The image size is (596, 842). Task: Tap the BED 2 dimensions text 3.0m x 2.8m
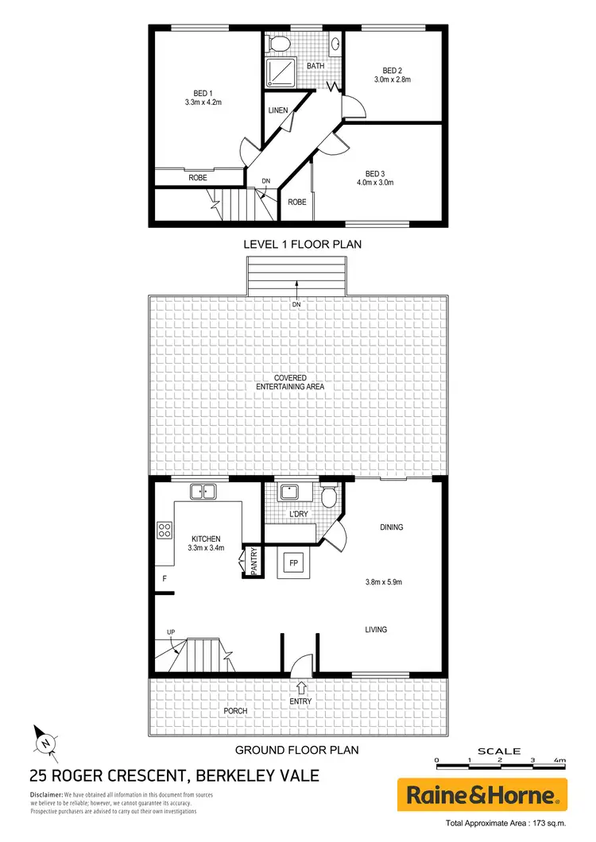tap(392, 79)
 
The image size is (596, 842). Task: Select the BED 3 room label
tap(374, 174)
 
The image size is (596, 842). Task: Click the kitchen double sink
tap(203, 492)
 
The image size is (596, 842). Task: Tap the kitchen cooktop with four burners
tap(166, 530)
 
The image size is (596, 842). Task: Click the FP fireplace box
tap(292, 563)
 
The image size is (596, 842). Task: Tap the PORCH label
tap(235, 710)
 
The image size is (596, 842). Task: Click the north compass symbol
tap(45, 742)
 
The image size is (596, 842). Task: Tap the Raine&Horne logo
tap(483, 794)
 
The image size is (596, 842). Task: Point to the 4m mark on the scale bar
tap(561, 761)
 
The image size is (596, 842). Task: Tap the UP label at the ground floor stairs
tap(171, 632)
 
